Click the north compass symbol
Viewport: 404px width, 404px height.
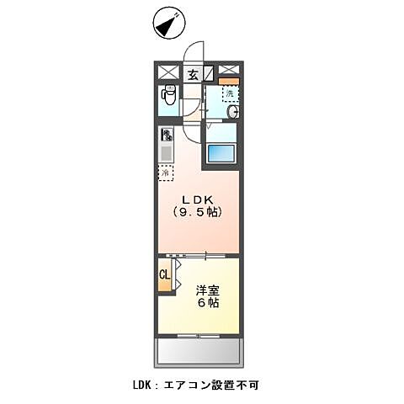pos(168,24)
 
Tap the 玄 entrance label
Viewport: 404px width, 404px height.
pos(193,74)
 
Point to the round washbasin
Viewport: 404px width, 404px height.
pos(233,112)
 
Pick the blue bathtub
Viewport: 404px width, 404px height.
pos(221,155)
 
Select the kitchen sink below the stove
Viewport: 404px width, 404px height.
pos(167,153)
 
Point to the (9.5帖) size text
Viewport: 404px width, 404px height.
pos(198,212)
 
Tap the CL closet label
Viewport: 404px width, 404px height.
pos(166,275)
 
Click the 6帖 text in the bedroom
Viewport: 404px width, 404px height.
pos(209,302)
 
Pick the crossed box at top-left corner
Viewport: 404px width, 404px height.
pos(168,72)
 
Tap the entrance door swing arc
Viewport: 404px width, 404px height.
pos(196,52)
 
